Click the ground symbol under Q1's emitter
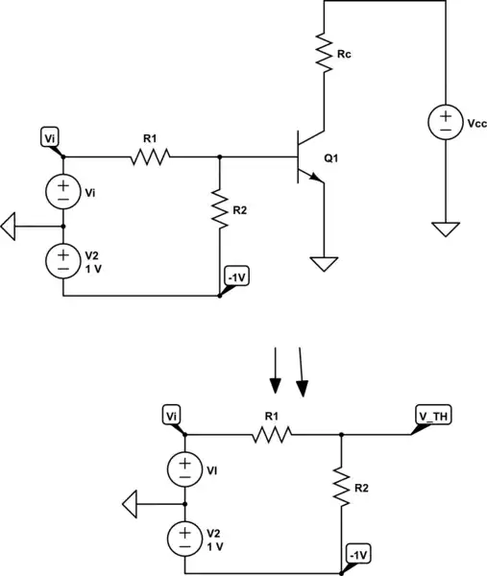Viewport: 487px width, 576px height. (325, 261)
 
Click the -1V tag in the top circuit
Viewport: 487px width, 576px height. (236, 277)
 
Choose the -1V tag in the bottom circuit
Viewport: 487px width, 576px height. (358, 555)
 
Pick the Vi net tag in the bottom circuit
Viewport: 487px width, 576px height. (172, 416)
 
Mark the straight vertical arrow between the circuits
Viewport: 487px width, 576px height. (275, 371)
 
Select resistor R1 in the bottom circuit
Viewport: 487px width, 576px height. (272, 434)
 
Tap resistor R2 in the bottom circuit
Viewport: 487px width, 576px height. (341, 487)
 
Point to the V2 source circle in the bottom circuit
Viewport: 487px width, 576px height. (184, 535)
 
